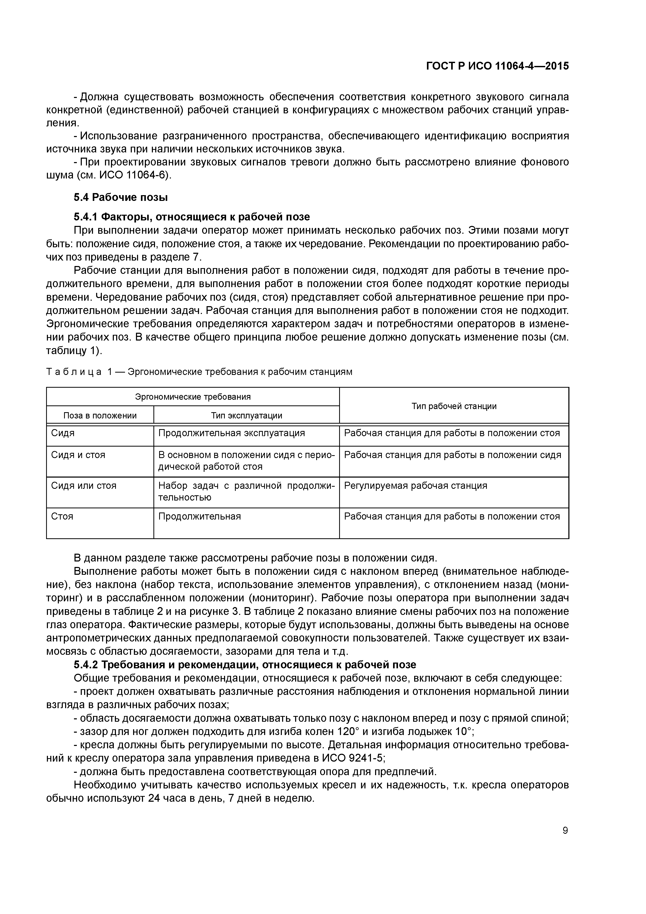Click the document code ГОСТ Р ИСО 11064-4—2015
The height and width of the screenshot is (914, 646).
[497, 66]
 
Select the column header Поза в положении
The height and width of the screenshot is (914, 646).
[100, 416]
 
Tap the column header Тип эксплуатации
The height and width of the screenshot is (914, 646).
[246, 416]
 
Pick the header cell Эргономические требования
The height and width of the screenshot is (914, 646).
[193, 397]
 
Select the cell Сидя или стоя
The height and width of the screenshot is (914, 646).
[84, 486]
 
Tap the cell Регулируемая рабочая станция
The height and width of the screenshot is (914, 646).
[415, 486]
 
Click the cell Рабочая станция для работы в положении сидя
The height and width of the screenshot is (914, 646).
[452, 455]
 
